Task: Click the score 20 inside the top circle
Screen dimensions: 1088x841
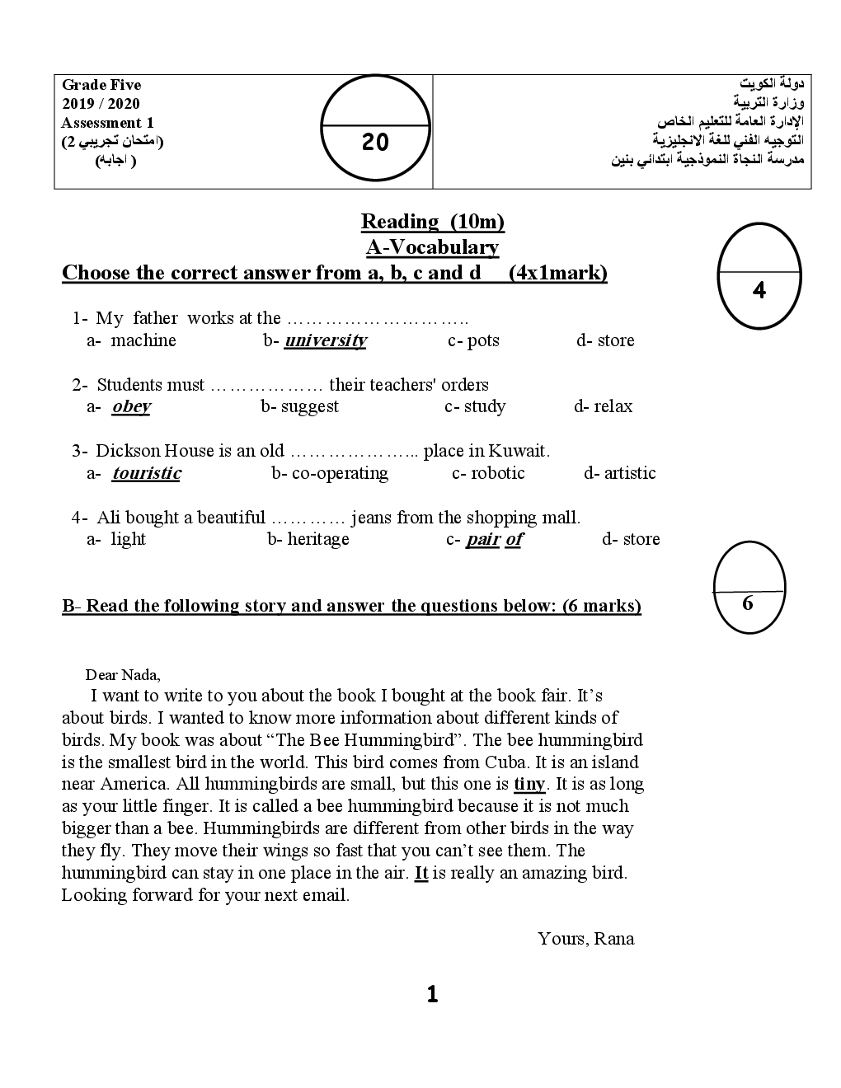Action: tap(375, 143)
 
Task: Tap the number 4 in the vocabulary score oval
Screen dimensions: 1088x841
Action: tap(759, 291)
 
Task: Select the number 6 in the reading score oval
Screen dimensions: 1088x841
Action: tap(748, 603)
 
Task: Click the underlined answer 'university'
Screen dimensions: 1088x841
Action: tap(325, 340)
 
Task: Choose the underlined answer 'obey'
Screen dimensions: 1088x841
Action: tap(131, 406)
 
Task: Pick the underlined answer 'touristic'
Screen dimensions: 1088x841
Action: tap(147, 473)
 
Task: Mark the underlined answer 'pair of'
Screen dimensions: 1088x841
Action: tap(494, 539)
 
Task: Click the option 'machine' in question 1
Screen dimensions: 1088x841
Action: tap(143, 340)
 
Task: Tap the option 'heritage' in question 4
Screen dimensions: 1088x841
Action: tap(317, 539)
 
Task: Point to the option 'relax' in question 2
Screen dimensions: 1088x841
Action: tap(613, 406)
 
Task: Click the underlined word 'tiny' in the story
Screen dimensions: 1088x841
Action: tap(529, 784)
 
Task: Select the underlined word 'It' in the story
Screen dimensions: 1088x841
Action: tap(420, 873)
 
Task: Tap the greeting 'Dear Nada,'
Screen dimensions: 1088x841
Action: tap(123, 675)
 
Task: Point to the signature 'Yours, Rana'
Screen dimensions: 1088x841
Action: tap(585, 938)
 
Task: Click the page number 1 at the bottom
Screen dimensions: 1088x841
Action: tap(432, 995)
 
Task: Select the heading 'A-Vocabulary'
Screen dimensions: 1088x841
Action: tap(432, 246)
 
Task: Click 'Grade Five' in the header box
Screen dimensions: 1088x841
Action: tap(101, 85)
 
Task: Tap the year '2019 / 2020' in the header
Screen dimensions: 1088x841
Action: tap(101, 104)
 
